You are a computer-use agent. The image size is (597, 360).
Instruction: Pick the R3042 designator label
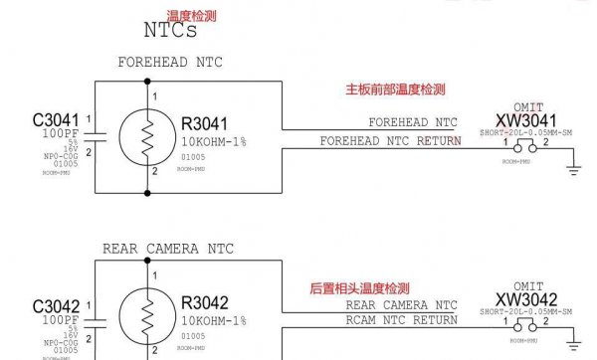click(x=205, y=303)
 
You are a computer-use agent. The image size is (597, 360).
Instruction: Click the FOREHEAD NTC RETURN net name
click(x=390, y=141)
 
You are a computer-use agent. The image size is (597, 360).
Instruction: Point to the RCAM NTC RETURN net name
click(x=401, y=320)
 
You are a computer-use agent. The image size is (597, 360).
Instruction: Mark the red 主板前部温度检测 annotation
click(x=394, y=90)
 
